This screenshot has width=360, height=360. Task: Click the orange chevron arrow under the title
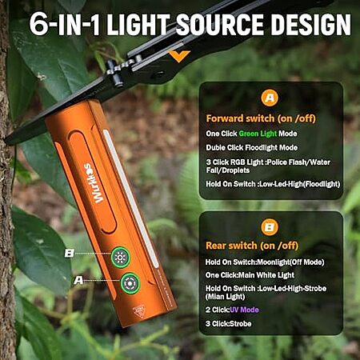click(179, 56)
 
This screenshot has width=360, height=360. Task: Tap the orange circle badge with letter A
click(270, 98)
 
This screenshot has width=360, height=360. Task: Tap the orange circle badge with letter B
click(270, 227)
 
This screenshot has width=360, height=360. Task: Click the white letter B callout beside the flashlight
click(70, 253)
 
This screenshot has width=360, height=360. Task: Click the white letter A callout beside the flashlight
click(78, 280)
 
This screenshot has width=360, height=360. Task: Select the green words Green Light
click(258, 134)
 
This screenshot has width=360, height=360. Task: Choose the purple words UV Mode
click(244, 310)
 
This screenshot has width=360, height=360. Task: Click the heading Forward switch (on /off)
click(261, 118)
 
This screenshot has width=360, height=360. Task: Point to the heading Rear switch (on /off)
click(252, 246)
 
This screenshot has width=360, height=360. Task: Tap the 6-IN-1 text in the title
click(65, 24)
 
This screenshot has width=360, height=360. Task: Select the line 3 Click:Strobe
click(228, 324)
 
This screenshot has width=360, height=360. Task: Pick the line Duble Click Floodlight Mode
click(251, 147)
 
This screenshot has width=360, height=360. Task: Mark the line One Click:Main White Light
click(250, 275)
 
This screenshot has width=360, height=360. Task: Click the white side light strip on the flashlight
click(130, 198)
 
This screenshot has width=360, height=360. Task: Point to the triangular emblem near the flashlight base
click(139, 311)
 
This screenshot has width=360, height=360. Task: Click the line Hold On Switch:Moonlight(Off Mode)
click(265, 262)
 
